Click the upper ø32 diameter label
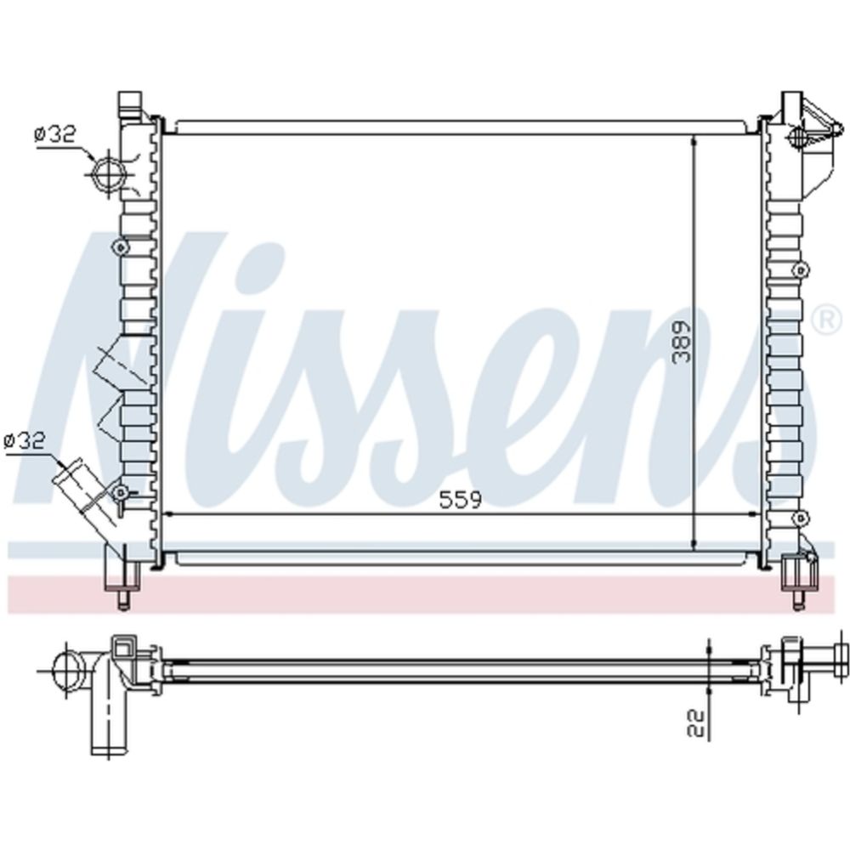click(56, 134)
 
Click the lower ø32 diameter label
click(25, 440)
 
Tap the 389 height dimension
click(682, 342)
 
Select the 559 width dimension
click(460, 499)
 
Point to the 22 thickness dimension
click(696, 723)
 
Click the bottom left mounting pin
click(124, 601)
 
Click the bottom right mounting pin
click(798, 601)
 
